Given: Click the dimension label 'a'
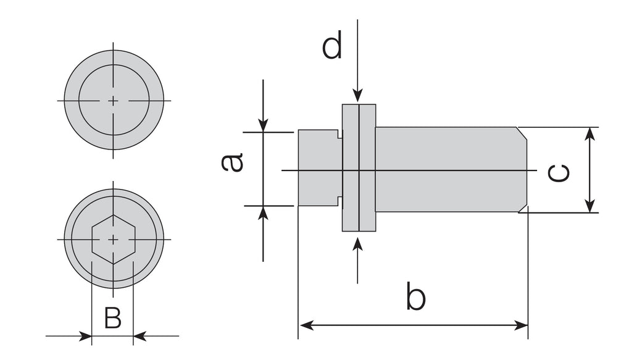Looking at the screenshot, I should pyautogui.click(x=233, y=162).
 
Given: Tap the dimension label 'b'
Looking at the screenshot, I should pyautogui.click(x=416, y=296).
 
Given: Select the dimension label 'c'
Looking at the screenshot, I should pyautogui.click(x=559, y=174).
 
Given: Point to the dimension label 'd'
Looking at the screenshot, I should pyautogui.click(x=332, y=47).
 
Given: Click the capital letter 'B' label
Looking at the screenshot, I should pyautogui.click(x=112, y=318).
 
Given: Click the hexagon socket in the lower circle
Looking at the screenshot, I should pyautogui.click(x=113, y=240).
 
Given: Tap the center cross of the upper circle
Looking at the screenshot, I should pyautogui.click(x=113, y=100).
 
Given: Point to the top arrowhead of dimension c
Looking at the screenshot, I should pyautogui.click(x=591, y=133).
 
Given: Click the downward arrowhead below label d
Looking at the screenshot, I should pyautogui.click(x=357, y=96).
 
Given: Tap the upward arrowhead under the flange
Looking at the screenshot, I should pyautogui.click(x=357, y=243).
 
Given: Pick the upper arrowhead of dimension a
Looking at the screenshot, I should pyautogui.click(x=263, y=125).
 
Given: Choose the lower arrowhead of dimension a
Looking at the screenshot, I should pyautogui.click(x=263, y=212).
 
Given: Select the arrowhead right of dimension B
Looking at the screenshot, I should pyautogui.click(x=139, y=337).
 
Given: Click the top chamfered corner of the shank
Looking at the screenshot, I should pyautogui.click(x=522, y=133).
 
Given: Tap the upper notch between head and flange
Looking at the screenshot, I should pyautogui.click(x=339, y=135).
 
